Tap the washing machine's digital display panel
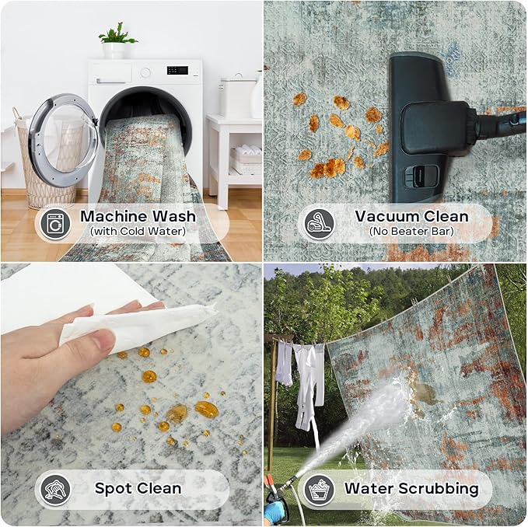click(177, 70)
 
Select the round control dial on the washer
click(145, 72)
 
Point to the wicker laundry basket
click(44, 162)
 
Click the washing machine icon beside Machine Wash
click(55, 223)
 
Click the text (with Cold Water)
click(138, 232)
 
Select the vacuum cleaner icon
click(320, 223)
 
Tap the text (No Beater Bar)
click(411, 232)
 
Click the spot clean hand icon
click(55, 489)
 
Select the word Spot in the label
click(113, 489)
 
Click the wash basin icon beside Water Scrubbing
click(320, 489)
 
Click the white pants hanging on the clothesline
click(308, 387)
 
